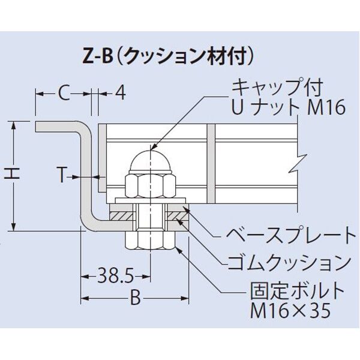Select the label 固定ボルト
point(297,292)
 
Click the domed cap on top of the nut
point(150,160)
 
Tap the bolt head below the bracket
point(150,240)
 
